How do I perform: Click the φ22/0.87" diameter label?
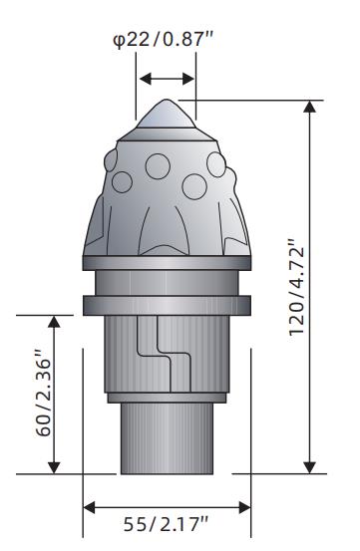point(164,40)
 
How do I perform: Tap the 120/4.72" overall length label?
point(296,287)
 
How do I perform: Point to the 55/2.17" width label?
point(166,525)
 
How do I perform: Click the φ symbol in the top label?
point(119,41)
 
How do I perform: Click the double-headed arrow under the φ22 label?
point(167,79)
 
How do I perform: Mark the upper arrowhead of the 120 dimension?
point(309,107)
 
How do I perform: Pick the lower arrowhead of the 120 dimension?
point(309,467)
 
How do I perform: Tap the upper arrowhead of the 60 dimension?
point(54,321)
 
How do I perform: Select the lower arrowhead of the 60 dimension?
point(54,467)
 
